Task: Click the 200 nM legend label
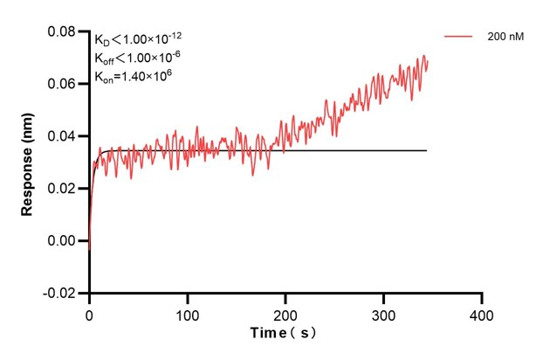pos(505,37)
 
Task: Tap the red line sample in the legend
pos(458,37)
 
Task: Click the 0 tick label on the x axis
pos(89,312)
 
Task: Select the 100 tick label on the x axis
pos(187,312)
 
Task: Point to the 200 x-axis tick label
pos(285,312)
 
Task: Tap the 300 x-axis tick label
pos(383,312)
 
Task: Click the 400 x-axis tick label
pos(481,312)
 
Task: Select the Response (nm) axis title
pos(28,163)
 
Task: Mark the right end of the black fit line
pos(427,150)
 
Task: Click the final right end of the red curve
pos(428,61)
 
